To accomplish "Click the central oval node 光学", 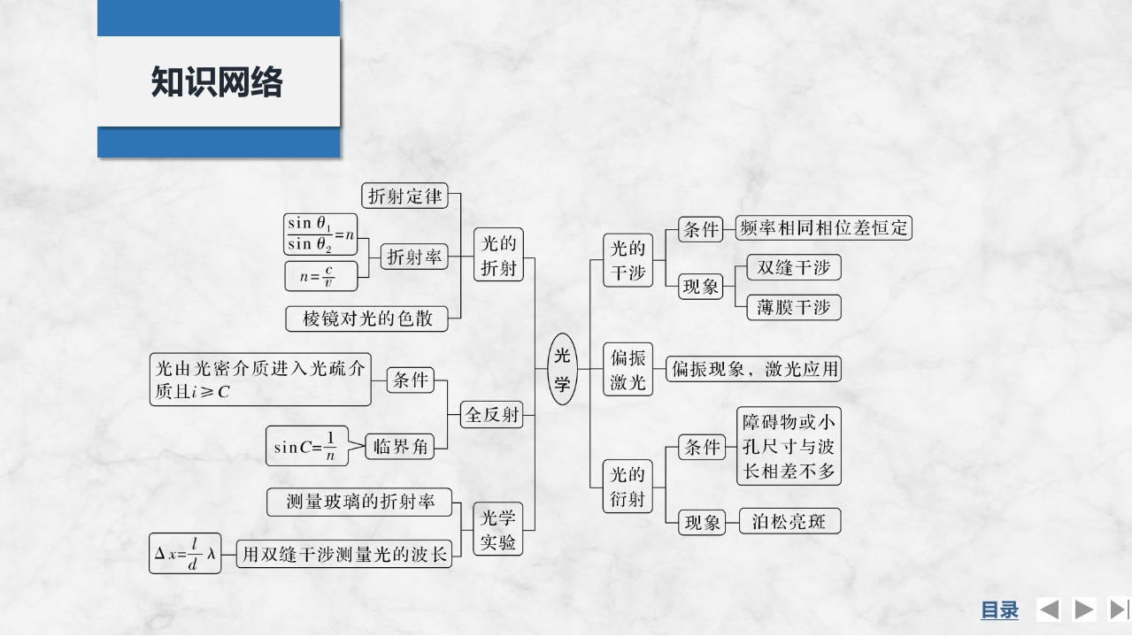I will (x=562, y=369).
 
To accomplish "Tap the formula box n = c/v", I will (x=321, y=276).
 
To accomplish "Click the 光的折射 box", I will (x=497, y=255).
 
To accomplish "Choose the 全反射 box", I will (x=492, y=414).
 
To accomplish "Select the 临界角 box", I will (x=400, y=447).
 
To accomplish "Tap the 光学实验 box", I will (x=497, y=529).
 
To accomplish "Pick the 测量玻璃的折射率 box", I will (x=359, y=502).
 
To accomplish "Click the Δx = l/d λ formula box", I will (x=185, y=554).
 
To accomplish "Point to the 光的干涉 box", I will (x=628, y=261).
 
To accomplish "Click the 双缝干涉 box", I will (x=793, y=267).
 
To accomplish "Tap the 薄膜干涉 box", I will (x=793, y=307).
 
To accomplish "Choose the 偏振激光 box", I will (x=628, y=370).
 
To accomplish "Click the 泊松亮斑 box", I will (x=789, y=521).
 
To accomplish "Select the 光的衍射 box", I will (x=628, y=487).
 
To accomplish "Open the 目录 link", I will (x=999, y=610).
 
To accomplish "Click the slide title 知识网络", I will (x=217, y=81).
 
